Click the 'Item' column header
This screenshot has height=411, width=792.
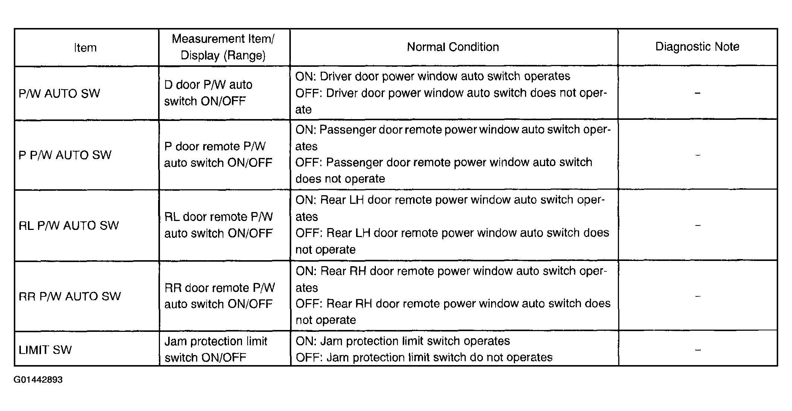click(85, 48)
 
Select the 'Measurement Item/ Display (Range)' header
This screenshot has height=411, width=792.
click(223, 47)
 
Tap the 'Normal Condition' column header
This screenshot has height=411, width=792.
click(453, 47)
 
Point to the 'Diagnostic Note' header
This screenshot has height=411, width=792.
click(697, 47)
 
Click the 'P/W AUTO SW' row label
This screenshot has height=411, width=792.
click(59, 93)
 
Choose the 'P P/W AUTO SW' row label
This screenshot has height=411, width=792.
click(65, 155)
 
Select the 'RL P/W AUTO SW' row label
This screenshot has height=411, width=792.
click(69, 225)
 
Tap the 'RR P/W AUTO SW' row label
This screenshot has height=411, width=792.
click(70, 296)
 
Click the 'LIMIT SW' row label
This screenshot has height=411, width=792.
click(45, 350)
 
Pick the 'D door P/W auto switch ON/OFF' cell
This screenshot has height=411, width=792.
click(208, 93)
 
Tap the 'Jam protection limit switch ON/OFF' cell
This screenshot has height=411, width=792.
click(216, 349)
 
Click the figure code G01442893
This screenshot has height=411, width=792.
click(38, 380)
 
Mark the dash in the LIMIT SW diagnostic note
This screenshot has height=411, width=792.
click(698, 350)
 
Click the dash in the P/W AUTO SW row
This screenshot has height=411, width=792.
click(697, 93)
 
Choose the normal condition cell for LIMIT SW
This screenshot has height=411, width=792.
click(424, 349)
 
